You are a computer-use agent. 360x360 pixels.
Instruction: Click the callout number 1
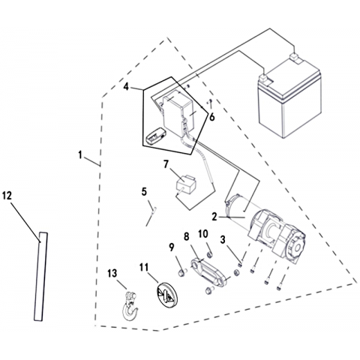click(80, 155)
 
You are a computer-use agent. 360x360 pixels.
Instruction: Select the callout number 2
click(214, 217)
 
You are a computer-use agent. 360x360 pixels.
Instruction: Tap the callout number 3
click(223, 239)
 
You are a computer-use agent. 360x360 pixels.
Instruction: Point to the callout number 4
click(127, 87)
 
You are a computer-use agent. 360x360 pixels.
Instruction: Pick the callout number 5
click(144, 192)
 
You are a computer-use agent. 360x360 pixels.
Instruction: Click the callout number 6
click(212, 117)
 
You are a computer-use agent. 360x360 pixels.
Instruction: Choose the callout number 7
click(166, 164)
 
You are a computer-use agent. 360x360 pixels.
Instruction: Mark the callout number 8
click(187, 236)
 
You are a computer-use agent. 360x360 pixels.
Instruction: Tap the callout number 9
click(171, 247)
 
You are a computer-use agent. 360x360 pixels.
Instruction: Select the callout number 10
click(203, 234)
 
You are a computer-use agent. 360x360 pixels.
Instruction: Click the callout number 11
click(144, 267)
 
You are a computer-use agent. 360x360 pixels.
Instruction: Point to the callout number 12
click(7, 196)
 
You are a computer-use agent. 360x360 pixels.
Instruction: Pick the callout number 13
click(112, 273)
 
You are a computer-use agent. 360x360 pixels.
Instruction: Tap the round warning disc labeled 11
click(166, 295)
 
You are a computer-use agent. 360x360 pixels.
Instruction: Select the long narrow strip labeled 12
click(40, 277)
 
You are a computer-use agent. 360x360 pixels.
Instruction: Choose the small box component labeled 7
click(186, 185)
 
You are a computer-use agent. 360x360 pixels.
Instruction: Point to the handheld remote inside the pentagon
click(155, 136)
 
